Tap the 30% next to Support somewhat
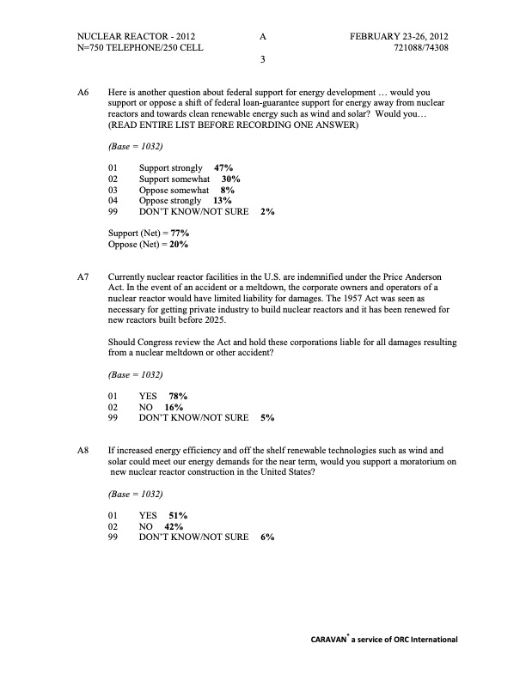[x=230, y=179]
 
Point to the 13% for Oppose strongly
[x=223, y=200]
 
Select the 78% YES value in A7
[x=178, y=397]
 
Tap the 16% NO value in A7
[x=174, y=407]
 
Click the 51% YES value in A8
[x=178, y=516]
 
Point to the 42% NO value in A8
[x=174, y=526]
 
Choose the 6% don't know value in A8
[x=266, y=537]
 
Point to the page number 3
[x=263, y=60]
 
